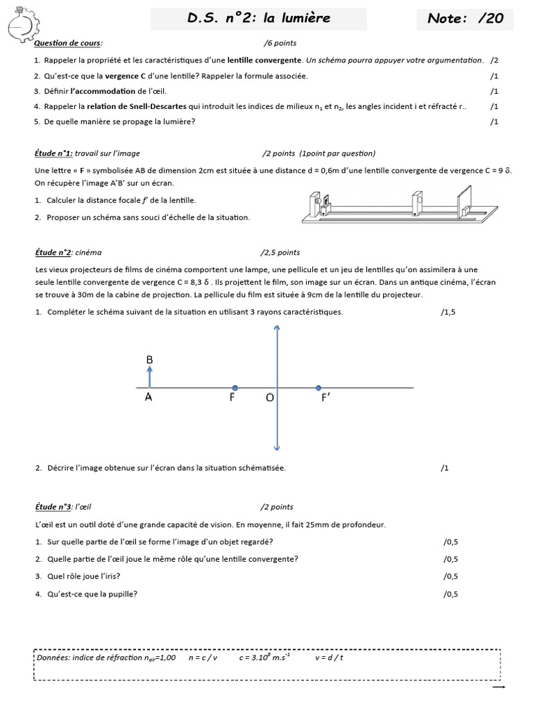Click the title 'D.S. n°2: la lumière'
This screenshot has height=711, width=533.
[258, 19]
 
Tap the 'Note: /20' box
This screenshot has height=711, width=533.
[465, 19]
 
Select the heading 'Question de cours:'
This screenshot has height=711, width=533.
[68, 43]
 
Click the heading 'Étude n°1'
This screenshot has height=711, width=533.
[53, 153]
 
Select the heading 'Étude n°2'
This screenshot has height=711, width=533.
[53, 253]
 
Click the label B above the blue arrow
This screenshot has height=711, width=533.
[149, 360]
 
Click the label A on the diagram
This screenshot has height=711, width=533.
[149, 398]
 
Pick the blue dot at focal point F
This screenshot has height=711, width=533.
[235, 387]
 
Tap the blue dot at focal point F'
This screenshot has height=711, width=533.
[318, 387]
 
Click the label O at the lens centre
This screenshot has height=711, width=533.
[270, 398]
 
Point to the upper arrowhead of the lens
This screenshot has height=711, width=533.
[277, 331]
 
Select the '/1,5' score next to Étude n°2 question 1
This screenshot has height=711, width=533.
[448, 312]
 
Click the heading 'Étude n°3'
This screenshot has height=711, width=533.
[53, 507]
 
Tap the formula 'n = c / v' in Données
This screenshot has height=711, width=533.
[203, 657]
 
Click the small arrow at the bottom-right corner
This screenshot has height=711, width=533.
[498, 687]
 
